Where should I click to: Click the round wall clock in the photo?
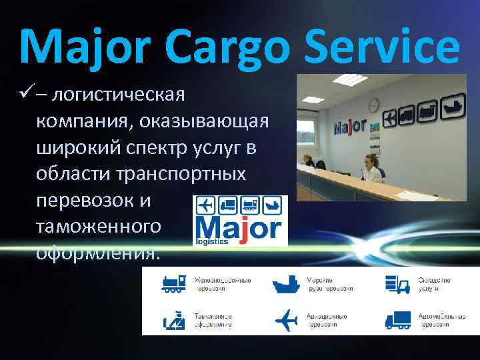pos(374,105)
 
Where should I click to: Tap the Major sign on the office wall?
pos(350,126)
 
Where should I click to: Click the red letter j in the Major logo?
pos(243,229)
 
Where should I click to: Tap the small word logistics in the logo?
pos(211,243)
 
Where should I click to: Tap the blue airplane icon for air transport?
pos(286,320)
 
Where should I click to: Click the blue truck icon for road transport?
pos(399,320)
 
